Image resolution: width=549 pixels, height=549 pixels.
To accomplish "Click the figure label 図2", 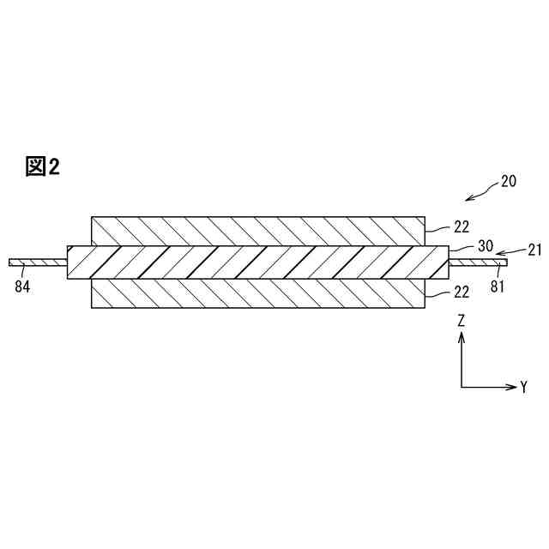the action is (42, 166).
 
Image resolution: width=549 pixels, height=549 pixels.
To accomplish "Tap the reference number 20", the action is (509, 181).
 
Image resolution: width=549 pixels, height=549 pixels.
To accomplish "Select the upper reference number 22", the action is (461, 227).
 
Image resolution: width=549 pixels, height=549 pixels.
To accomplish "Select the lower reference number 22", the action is (461, 292).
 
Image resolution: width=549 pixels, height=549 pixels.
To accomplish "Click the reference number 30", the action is (485, 245).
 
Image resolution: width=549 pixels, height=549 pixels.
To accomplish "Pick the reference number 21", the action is (535, 250).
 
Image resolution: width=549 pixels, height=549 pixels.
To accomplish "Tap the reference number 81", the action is (498, 287).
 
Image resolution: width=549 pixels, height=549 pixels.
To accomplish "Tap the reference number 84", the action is (22, 287).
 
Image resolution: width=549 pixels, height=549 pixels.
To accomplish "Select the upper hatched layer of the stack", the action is (257, 230).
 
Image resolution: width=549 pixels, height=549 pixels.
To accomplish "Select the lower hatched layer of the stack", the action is (257, 293).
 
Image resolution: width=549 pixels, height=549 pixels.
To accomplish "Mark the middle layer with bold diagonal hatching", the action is (257, 262).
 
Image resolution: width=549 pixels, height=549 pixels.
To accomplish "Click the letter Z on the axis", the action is (462, 321).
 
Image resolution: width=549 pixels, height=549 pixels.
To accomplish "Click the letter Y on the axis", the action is (523, 387).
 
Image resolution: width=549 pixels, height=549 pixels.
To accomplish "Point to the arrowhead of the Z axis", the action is (462, 338).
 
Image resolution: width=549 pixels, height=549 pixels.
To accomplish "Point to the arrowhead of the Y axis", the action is (511, 386).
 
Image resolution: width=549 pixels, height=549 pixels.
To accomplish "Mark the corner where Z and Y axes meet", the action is (462, 386).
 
